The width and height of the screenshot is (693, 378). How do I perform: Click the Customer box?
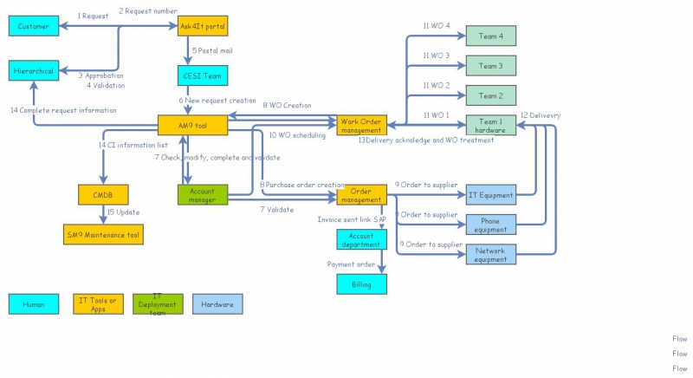35,27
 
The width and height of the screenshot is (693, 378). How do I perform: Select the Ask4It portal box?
203,27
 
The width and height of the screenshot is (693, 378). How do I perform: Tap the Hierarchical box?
34,71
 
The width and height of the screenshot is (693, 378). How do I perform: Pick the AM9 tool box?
192,125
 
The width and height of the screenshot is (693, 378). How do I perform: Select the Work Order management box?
361,125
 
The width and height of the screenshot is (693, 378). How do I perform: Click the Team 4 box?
490,36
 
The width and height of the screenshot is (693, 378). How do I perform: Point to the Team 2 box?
490,95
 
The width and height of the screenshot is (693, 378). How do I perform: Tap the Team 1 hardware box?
490,125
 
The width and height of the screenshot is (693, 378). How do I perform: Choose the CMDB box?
103,195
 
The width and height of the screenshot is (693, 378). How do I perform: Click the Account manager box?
203,195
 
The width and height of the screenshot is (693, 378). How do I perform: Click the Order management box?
361,195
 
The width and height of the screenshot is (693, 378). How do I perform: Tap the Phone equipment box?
490,225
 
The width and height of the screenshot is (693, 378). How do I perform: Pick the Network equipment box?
490,254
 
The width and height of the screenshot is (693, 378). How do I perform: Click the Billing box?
361,283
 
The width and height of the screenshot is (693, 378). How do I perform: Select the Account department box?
361,239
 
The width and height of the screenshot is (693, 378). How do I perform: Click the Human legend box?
34,303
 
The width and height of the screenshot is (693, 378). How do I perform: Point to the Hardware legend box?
217,303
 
